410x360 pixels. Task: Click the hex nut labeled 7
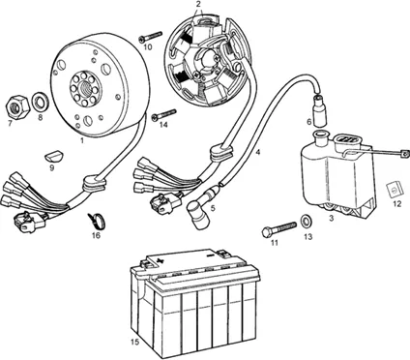point(18,105)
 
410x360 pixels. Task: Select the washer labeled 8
point(41,101)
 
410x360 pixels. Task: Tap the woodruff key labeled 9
point(52,156)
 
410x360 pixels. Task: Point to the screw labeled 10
point(150,36)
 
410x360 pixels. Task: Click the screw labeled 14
point(163,115)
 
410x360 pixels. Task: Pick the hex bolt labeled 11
point(278,228)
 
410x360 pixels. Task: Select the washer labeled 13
point(306,221)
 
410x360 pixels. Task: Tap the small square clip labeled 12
point(395,190)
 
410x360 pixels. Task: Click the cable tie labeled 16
point(97,220)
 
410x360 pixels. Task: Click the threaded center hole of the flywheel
point(85,87)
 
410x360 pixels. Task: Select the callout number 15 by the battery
point(135,342)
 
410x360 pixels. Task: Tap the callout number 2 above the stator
point(198,4)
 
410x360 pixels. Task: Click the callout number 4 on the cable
point(257,152)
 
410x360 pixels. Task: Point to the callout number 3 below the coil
point(332,219)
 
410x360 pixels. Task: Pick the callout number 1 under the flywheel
point(82,140)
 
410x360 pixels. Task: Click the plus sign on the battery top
point(159,259)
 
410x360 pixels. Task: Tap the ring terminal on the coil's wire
point(402,154)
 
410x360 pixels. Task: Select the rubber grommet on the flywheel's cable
point(94,183)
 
